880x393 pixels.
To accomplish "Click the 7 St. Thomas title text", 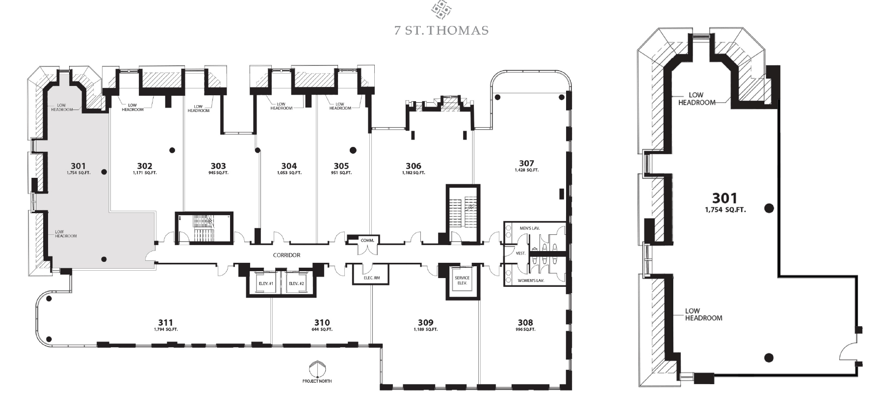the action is coord(441,30).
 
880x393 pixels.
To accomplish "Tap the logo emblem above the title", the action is coord(440,9).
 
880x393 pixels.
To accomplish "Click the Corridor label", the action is coord(286,255).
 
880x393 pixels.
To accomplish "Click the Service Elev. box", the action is coord(462,281).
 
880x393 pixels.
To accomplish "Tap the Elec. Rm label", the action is coord(372,279).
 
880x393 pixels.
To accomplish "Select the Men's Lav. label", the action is coord(530,228).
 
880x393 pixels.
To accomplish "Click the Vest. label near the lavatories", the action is coord(520,253).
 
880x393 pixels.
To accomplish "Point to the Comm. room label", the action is coord(367,240).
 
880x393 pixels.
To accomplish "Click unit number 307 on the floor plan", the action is coord(526,163).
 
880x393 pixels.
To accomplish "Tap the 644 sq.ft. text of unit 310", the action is coord(322,329).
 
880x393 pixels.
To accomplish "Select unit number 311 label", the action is coord(165,322).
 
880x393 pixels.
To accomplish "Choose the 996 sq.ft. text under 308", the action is coord(525,329).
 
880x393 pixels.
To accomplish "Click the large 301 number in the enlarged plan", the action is coord(725,198).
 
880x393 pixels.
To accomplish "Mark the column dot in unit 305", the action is coord(353,150).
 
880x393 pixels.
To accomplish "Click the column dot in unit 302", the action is coord(172,150).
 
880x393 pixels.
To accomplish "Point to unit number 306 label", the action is coord(414,166).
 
